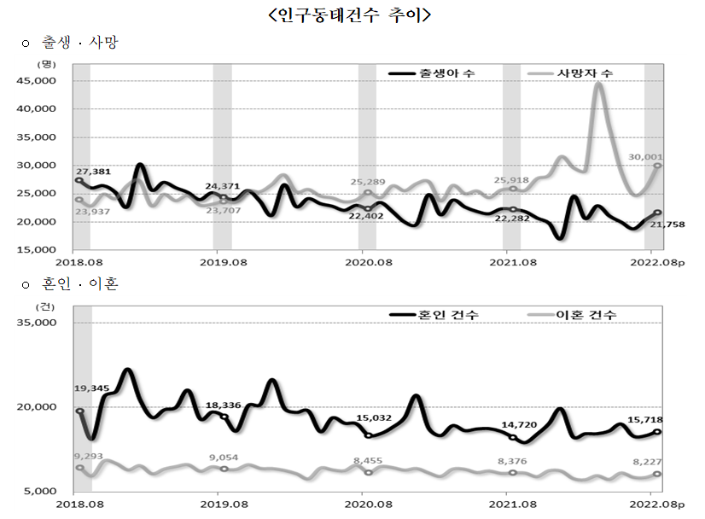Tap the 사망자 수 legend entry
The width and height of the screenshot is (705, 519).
[585, 74]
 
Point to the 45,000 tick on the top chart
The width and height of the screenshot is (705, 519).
[38, 80]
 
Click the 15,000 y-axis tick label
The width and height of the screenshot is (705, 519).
[38, 249]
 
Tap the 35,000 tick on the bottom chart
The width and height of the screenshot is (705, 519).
[38, 323]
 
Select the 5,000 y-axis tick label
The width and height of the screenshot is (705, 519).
[41, 491]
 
